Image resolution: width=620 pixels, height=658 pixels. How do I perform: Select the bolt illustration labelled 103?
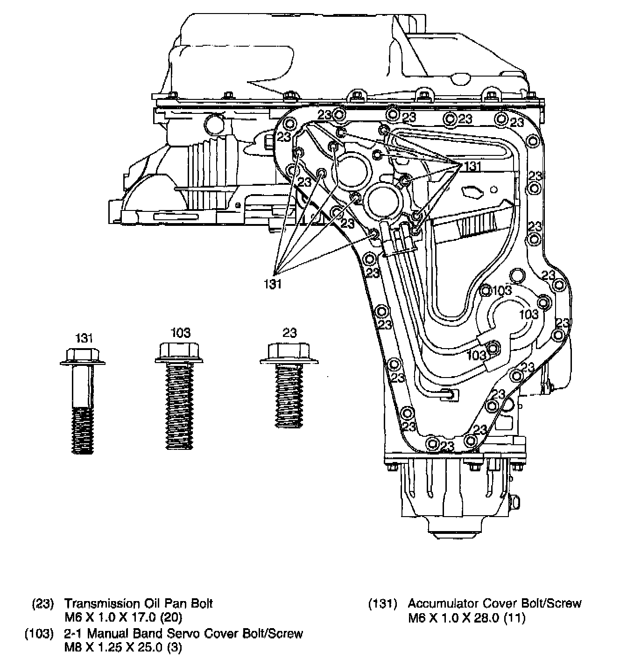pyautogui.click(x=179, y=397)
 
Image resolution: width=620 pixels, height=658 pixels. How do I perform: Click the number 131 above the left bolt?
pyautogui.click(x=84, y=338)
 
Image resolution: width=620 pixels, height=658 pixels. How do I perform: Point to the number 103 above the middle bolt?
pyautogui.click(x=180, y=333)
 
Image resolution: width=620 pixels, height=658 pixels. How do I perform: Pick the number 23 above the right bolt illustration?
pyautogui.click(x=289, y=333)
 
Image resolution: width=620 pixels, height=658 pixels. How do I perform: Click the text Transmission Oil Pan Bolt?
pyautogui.click(x=138, y=603)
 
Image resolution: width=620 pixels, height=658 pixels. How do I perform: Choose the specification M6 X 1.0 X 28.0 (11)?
pyautogui.click(x=466, y=618)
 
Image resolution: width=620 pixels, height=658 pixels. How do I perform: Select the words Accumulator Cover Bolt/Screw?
pyautogui.click(x=495, y=603)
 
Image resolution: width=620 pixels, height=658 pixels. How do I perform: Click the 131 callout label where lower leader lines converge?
pyautogui.click(x=273, y=283)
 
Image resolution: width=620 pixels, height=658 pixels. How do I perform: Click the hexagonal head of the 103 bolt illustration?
pyautogui.click(x=179, y=351)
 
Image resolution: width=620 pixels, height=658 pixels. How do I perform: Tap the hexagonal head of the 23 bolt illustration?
pyautogui.click(x=289, y=351)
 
